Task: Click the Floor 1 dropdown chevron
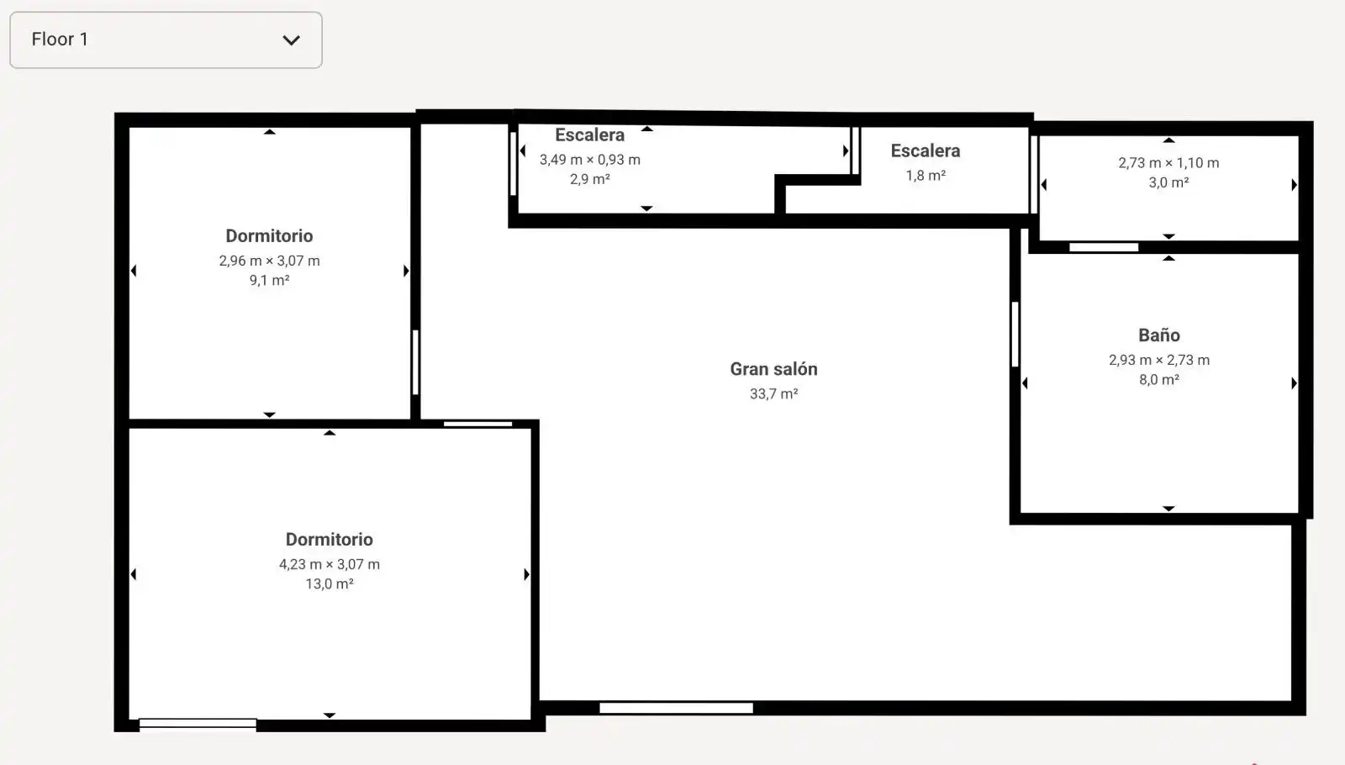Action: pos(291,40)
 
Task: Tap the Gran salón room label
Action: pos(773,369)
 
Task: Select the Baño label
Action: pos(1159,335)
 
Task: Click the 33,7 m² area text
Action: pos(773,394)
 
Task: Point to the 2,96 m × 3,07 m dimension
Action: pos(269,261)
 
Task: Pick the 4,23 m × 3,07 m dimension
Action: pos(329,564)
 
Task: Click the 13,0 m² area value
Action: pos(329,583)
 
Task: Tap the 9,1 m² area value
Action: pos(269,280)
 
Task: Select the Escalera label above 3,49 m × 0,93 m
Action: pos(589,135)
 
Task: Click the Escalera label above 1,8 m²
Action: pos(926,150)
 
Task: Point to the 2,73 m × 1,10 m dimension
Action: pos(1168,163)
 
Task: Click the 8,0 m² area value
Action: pos(1159,379)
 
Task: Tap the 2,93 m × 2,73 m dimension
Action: pos(1159,361)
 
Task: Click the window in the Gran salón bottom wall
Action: pos(676,708)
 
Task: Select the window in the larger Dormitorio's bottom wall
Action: pos(198,724)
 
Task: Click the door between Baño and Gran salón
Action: pos(1015,334)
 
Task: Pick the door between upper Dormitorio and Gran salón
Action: pos(415,362)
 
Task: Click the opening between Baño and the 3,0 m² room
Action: pos(1104,247)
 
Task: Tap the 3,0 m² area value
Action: pos(1168,182)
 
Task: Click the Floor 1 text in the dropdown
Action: pos(60,40)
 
